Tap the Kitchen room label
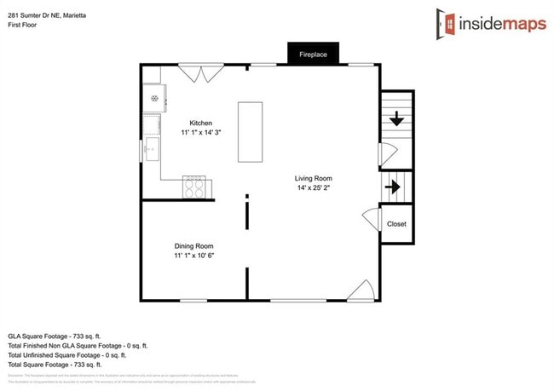click(x=201, y=124)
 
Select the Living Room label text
click(x=312, y=178)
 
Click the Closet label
click(x=396, y=224)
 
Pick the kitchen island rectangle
click(x=251, y=131)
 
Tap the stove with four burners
click(x=195, y=186)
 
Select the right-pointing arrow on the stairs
click(x=395, y=186)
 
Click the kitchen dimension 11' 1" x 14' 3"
click(x=201, y=134)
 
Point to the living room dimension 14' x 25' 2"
click(x=312, y=188)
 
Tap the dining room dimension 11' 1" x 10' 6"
click(x=194, y=255)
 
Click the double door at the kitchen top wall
click(x=202, y=75)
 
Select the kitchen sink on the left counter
click(x=153, y=151)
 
